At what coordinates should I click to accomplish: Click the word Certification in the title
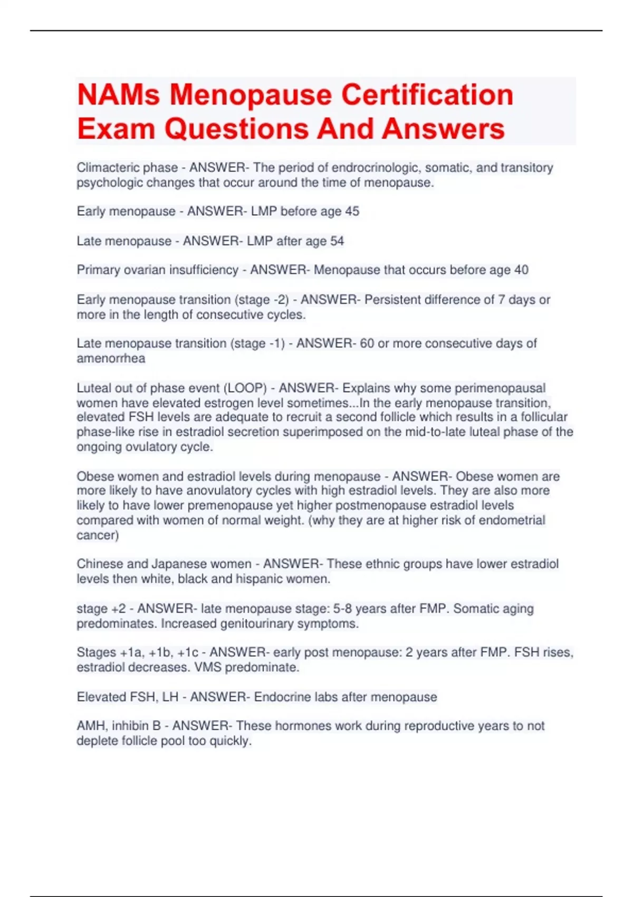pos(427,95)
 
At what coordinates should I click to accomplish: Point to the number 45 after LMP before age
pos(352,212)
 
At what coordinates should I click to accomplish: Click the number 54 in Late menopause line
pos(337,241)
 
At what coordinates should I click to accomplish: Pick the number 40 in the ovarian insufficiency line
pos(521,270)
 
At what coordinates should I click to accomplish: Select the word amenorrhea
pos(111,359)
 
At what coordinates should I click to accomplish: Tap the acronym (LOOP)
pos(245,388)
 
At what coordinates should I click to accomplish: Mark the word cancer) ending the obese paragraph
pos(98,535)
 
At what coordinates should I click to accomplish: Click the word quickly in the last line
pos(229,741)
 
